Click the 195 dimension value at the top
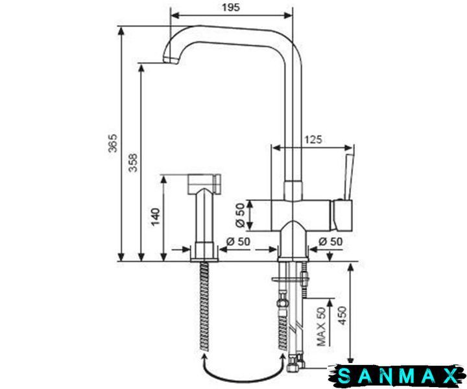(230, 7)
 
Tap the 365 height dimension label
(113, 143)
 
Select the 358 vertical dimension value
(133, 163)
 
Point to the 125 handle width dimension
(313, 139)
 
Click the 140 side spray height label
(155, 217)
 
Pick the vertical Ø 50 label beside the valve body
(240, 215)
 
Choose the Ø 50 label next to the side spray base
(238, 242)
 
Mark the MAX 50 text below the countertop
(321, 327)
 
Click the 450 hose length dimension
(342, 316)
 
